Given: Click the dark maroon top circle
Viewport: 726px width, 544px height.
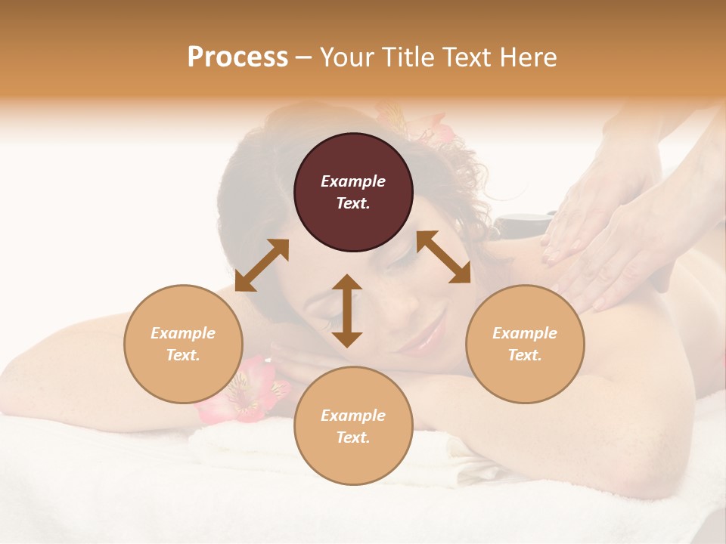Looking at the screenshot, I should (353, 193).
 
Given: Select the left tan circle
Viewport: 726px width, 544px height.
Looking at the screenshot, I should (183, 344).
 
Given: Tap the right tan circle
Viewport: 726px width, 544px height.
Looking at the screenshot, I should (525, 344).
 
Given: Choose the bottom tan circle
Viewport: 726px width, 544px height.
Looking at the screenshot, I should (353, 426).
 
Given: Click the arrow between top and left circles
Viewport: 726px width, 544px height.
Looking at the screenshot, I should (262, 265).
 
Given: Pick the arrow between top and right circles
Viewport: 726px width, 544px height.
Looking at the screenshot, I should (443, 257).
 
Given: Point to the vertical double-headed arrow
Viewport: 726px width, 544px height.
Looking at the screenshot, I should (347, 311).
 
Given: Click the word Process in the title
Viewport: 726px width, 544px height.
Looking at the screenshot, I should (237, 57).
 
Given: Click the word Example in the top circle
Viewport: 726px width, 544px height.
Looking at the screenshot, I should (353, 181).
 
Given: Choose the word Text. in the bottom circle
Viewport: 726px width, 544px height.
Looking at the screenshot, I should (353, 437).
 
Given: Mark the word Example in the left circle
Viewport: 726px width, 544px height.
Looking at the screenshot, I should (183, 333).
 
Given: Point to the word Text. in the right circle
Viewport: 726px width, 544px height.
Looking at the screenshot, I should (525, 355).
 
